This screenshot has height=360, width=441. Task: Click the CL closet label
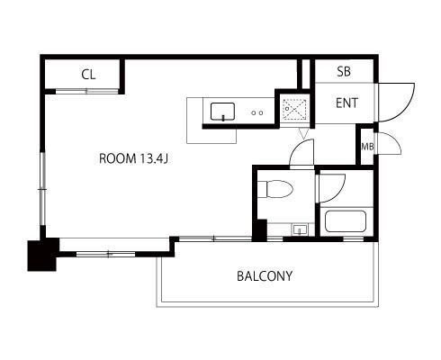(88, 75)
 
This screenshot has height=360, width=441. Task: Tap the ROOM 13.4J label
(133, 158)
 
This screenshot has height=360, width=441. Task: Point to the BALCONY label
(265, 276)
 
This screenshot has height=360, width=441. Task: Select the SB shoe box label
(344, 71)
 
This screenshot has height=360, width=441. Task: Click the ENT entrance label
(346, 103)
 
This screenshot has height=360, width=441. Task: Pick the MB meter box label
(367, 147)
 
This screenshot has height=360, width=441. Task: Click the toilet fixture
(275, 189)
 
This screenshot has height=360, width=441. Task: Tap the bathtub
(346, 221)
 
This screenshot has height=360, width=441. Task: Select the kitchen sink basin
(222, 112)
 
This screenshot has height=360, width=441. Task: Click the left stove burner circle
(254, 113)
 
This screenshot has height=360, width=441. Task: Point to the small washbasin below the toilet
(300, 229)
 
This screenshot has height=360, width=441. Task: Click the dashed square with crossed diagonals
(295, 109)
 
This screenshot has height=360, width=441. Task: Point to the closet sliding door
(86, 91)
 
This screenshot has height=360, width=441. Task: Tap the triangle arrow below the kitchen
(303, 133)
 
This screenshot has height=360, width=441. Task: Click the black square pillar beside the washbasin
(260, 230)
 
